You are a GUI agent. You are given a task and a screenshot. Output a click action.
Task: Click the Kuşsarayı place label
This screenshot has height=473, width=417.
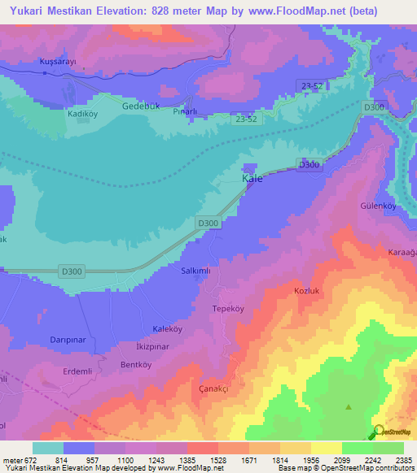click(x=58, y=62)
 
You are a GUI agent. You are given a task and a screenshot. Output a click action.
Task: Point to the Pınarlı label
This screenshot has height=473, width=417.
click(x=187, y=111)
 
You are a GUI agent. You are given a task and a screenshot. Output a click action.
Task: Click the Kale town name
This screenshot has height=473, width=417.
click(x=252, y=178)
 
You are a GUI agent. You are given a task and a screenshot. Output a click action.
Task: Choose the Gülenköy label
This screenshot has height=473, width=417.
click(x=379, y=206)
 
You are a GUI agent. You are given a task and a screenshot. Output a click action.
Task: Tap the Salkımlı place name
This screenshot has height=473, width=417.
click(x=197, y=271)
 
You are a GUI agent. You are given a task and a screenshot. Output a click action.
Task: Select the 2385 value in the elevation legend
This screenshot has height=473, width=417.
click(x=405, y=460)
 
